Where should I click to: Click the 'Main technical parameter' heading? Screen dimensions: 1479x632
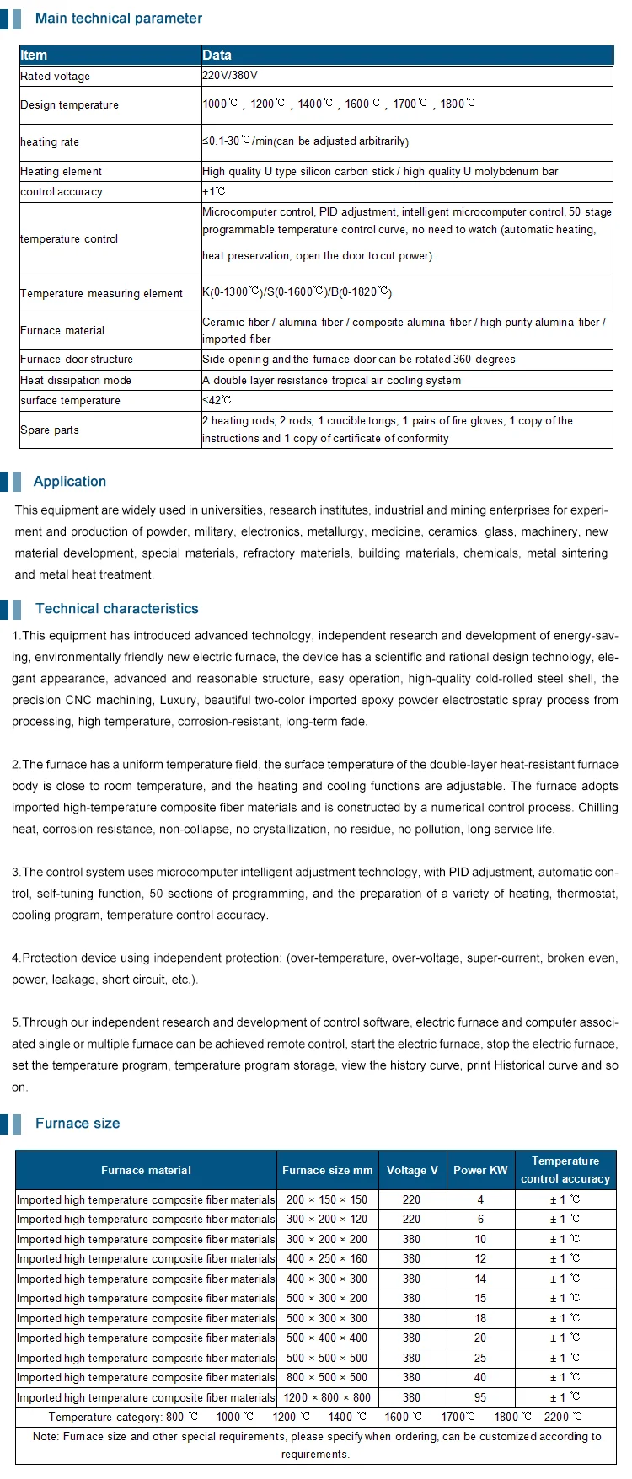(119, 19)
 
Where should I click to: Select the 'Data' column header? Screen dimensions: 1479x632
(217, 56)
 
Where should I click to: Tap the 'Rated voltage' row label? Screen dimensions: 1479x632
(55, 77)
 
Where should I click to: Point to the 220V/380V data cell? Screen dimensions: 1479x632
(230, 76)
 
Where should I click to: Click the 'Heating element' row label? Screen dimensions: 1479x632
(61, 172)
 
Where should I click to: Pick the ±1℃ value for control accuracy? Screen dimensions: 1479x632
(214, 192)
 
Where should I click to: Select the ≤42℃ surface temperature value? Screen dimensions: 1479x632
(217, 401)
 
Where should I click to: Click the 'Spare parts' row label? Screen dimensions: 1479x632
(50, 430)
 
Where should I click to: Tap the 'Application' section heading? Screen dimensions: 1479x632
(70, 482)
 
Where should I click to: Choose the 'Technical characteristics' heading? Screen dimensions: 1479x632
(117, 609)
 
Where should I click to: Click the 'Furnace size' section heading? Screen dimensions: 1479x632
(78, 1124)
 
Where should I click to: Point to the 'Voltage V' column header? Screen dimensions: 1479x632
(412, 1171)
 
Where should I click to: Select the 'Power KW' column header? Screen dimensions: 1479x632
(480, 1171)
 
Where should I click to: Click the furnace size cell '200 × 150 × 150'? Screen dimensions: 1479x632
(327, 1200)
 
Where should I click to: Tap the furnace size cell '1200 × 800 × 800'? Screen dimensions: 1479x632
(327, 1398)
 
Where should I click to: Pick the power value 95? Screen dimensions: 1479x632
(480, 1398)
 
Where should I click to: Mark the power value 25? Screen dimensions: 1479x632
(480, 1359)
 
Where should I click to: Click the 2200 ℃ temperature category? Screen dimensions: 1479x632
(563, 1418)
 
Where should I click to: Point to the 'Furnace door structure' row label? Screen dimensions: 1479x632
(77, 360)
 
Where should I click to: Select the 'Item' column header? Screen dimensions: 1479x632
(34, 56)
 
